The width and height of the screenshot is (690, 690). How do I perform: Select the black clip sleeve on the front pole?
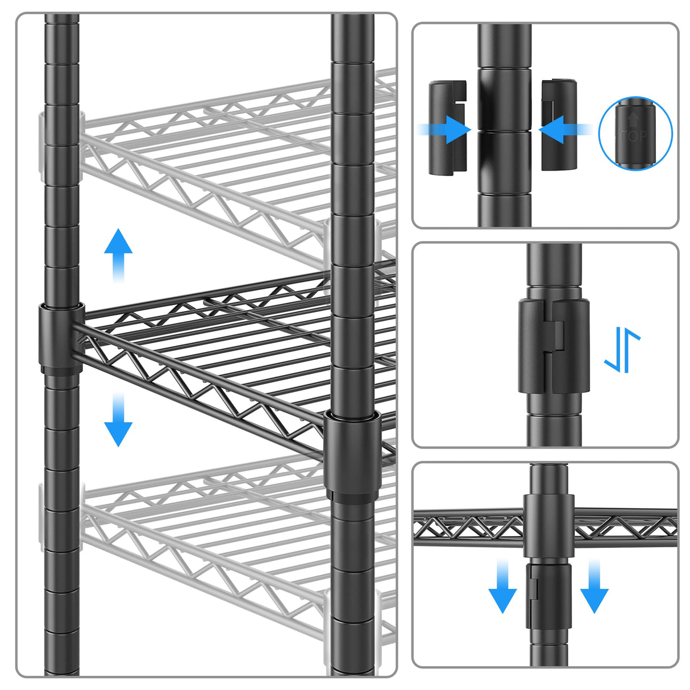point(352,452)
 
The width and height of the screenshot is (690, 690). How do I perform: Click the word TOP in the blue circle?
point(635,136)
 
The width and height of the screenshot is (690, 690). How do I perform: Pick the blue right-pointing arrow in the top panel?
point(446,130)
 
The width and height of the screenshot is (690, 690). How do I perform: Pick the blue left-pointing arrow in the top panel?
point(563,130)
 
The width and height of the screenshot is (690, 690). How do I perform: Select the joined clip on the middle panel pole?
point(553,347)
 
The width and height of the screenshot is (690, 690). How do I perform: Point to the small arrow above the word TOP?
point(634,119)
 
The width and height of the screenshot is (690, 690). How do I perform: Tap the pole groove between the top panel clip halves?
point(505,130)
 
